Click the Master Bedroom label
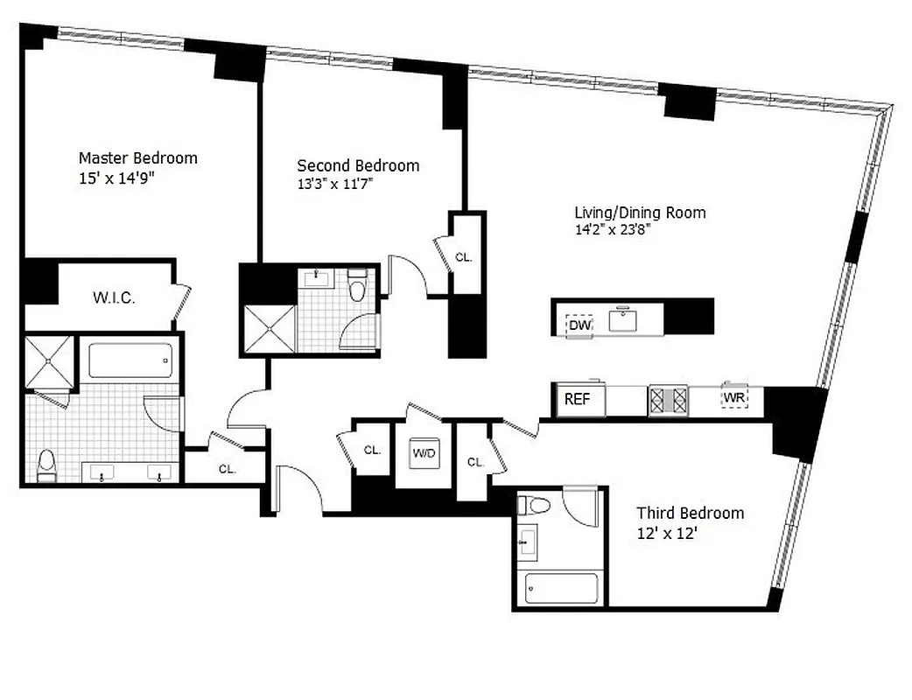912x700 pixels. point(137,158)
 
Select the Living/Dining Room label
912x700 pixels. point(639,213)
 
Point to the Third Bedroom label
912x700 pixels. point(690,513)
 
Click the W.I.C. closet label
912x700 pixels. point(114,298)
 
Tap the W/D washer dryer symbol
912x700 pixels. point(424,453)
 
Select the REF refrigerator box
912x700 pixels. point(577,400)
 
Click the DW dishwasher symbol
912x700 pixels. point(579,325)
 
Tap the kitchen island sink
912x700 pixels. point(623,320)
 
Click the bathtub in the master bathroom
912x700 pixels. point(130,360)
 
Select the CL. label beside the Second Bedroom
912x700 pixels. point(464,257)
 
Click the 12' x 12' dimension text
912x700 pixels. point(665,533)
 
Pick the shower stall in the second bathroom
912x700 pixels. point(268,327)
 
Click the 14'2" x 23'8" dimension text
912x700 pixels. point(613,230)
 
